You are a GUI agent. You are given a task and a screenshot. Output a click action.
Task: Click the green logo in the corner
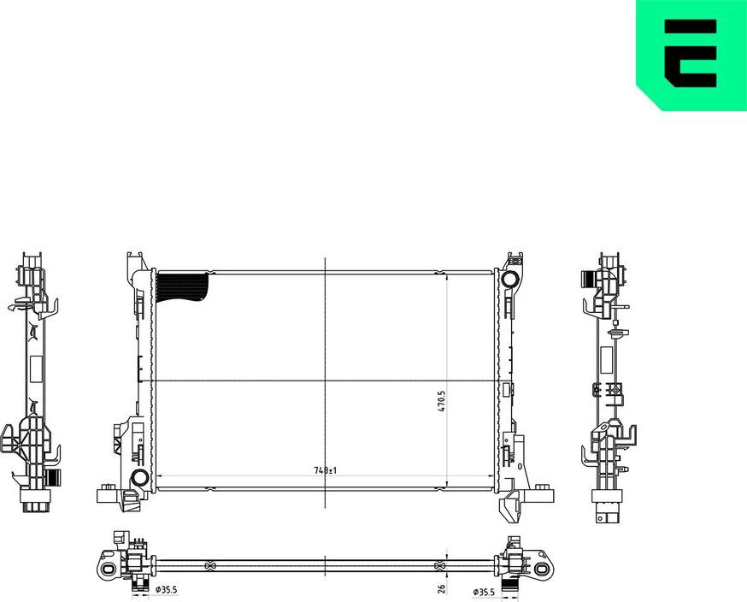pos(691,54)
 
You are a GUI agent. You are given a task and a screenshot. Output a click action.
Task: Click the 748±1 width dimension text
pos(326,470)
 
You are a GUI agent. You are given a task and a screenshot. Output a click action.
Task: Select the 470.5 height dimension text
pos(441,403)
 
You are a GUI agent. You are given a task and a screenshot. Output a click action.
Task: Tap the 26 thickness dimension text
pos(441,588)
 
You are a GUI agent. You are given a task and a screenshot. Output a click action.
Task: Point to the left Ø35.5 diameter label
pos(166,589)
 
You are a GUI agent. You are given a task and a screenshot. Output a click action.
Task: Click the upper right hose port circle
pos(509,280)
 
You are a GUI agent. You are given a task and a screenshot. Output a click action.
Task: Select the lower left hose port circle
pos(139,478)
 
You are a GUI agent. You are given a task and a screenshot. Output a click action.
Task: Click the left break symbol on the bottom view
pos(210,566)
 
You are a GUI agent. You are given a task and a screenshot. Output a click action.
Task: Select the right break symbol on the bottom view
pos(440,566)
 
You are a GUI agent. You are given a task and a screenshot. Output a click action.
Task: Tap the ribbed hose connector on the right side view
pos(588,279)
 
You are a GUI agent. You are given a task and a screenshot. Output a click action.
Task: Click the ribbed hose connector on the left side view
pos(54,475)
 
